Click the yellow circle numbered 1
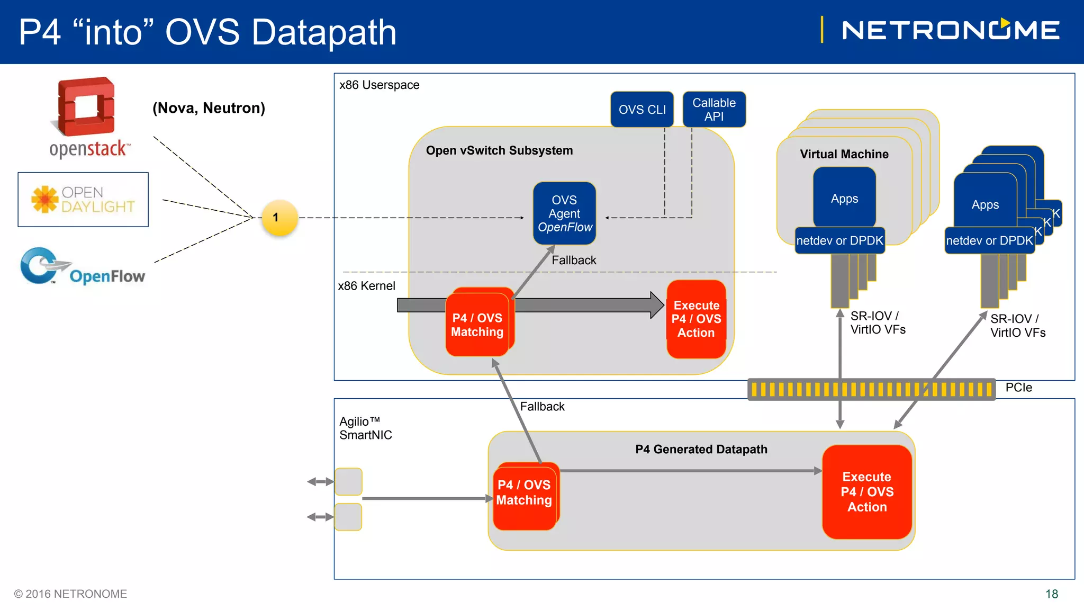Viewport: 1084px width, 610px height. [x=280, y=218]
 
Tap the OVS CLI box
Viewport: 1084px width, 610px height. [x=642, y=110]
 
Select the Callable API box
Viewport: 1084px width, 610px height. [x=714, y=110]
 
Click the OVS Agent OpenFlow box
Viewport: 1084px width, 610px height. [x=564, y=213]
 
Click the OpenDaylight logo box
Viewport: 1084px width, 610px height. [x=83, y=200]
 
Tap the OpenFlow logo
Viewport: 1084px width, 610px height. [x=83, y=267]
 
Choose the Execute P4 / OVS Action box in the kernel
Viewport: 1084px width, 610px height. [x=696, y=319]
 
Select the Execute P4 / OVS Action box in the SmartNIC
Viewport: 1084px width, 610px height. [x=867, y=492]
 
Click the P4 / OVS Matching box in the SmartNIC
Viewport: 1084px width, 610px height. [x=524, y=496]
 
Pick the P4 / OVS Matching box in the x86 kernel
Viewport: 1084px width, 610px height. [x=477, y=325]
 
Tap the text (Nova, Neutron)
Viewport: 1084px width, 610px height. [x=209, y=108]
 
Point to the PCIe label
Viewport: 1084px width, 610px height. [x=1018, y=388]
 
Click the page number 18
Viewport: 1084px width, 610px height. [x=1051, y=594]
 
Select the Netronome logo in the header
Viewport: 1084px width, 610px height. [x=950, y=30]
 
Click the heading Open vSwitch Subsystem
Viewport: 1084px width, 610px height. [x=499, y=151]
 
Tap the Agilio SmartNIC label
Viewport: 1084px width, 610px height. [x=366, y=428]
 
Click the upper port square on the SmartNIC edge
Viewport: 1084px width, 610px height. [x=348, y=481]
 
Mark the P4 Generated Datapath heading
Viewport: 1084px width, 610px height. [x=701, y=450]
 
